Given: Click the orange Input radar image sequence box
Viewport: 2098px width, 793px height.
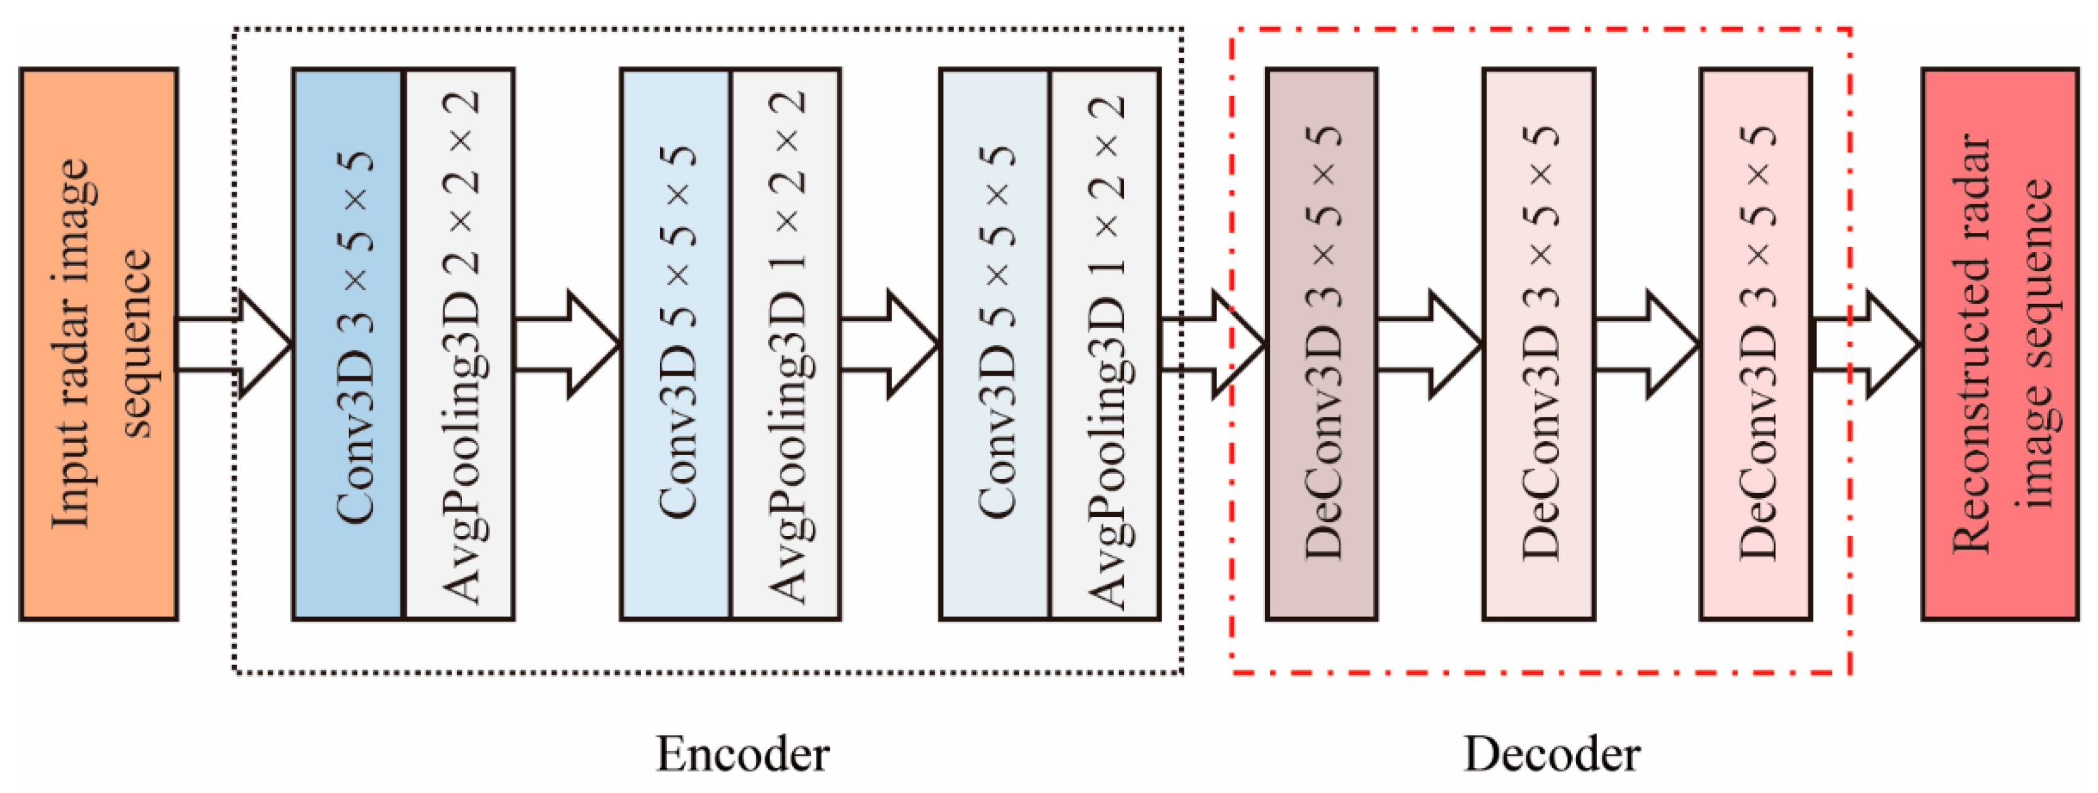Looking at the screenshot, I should pos(99,344).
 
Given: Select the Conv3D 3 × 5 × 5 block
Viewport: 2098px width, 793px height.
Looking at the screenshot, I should pos(348,344).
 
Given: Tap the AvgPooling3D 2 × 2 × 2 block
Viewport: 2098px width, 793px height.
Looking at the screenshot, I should pos(460,344).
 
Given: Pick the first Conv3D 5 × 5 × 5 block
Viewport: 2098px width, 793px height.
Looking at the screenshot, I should pos(675,344).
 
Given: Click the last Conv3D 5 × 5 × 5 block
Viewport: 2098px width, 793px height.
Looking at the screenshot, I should pos(994,344).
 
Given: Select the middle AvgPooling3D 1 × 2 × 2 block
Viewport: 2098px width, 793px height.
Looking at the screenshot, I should pos(786,344).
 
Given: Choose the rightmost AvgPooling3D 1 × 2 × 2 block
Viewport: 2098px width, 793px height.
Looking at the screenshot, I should pos(1105,344).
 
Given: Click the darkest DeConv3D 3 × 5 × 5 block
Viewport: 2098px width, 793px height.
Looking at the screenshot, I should pos(1322,344).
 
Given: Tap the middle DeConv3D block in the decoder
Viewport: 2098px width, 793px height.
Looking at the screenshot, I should pos(1538,344).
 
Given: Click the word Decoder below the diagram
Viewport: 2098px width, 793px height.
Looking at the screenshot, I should pos(1551,754).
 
